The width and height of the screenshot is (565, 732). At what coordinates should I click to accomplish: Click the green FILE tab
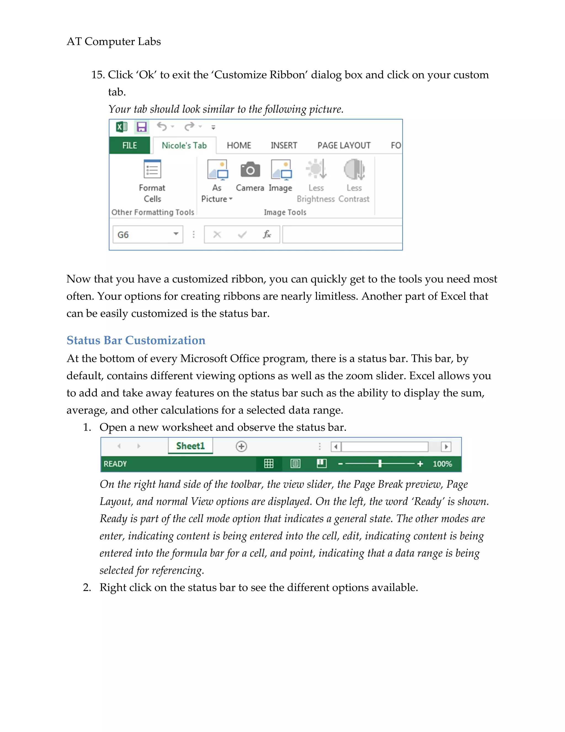(x=130, y=146)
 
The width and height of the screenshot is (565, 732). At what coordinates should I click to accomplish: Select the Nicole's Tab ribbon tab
(x=184, y=146)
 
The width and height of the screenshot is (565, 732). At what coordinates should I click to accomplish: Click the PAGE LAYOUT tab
(x=344, y=146)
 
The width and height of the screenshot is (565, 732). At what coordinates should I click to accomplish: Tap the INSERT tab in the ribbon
(x=284, y=146)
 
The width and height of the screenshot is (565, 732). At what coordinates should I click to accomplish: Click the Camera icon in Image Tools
(x=250, y=170)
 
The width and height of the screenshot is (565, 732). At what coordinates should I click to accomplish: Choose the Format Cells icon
(x=152, y=169)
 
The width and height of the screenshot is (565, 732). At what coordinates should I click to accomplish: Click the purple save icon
(x=142, y=127)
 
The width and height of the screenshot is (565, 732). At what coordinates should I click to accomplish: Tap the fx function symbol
(x=267, y=234)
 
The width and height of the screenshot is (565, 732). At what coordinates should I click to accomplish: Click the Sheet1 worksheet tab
(x=190, y=446)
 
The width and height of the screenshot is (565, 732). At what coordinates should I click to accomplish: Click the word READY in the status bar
(x=115, y=464)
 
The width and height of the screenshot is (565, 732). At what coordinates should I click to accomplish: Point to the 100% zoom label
(x=442, y=464)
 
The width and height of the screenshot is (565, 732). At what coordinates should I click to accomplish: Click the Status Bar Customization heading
(x=136, y=340)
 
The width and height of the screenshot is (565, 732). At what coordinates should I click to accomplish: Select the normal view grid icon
(x=269, y=464)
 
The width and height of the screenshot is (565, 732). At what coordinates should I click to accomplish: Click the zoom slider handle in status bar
(x=380, y=464)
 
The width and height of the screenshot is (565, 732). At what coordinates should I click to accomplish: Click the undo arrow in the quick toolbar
(x=162, y=127)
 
